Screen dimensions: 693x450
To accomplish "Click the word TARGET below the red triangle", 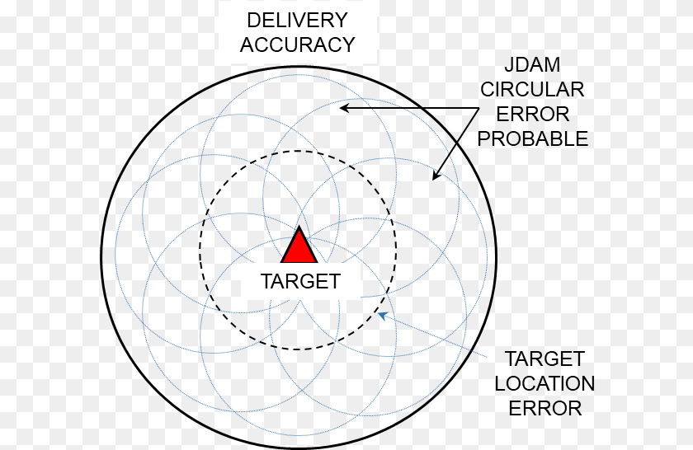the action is pyautogui.click(x=300, y=281).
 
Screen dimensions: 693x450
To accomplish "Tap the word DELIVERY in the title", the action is pyautogui.click(x=298, y=21).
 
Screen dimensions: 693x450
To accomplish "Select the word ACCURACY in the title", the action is pyautogui.click(x=298, y=45).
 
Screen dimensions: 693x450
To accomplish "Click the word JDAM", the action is pyautogui.click(x=532, y=65).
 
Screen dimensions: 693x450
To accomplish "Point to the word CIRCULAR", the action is pyautogui.click(x=532, y=90).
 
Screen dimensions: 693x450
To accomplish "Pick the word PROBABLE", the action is pyautogui.click(x=533, y=139).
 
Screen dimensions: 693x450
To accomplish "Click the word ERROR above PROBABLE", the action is pyautogui.click(x=533, y=115).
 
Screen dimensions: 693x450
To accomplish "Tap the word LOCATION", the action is pyautogui.click(x=544, y=384).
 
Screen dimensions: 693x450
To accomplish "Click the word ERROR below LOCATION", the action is pyautogui.click(x=545, y=409).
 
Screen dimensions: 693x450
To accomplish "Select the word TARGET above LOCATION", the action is pyautogui.click(x=544, y=359).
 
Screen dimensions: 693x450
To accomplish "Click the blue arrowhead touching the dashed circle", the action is pyautogui.click(x=382, y=316).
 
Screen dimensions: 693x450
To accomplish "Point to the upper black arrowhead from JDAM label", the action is pyautogui.click(x=344, y=107).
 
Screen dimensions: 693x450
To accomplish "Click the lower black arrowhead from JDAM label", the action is pyautogui.click(x=436, y=176).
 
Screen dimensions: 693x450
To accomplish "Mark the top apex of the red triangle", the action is pyautogui.click(x=299, y=227).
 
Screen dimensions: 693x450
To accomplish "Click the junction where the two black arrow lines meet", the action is pyautogui.click(x=479, y=108).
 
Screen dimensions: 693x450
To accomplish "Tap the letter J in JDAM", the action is pyautogui.click(x=509, y=65).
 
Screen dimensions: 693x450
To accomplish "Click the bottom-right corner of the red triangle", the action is pyautogui.click(x=317, y=262).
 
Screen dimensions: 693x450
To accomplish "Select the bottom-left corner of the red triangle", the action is pyautogui.click(x=282, y=262).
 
